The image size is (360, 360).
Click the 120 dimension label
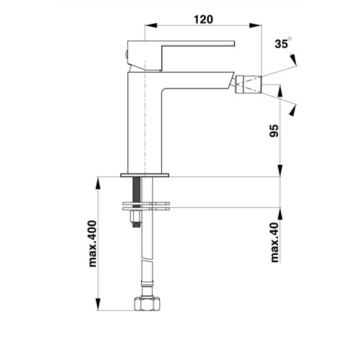click(203, 19)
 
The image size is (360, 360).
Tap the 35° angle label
click(283, 42)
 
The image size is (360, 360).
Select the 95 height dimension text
click(274, 130)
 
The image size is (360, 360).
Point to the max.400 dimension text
click(92, 243)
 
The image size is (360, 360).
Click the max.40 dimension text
click(275, 242)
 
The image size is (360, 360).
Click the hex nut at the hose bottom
click(147, 304)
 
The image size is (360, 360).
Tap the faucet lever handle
click(181, 55)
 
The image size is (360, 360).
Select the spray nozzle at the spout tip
click(249, 84)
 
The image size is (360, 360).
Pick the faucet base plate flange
click(145, 175)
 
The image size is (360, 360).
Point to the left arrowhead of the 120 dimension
click(151, 25)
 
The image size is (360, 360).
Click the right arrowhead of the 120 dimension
click(256, 25)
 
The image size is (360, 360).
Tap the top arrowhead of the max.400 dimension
click(98, 183)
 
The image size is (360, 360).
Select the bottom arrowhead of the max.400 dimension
click(98, 305)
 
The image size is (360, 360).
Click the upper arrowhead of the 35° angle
click(294, 59)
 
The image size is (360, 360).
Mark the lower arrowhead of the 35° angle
click(293, 110)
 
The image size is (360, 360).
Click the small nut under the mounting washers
click(135, 216)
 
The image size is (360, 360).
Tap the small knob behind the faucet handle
click(126, 55)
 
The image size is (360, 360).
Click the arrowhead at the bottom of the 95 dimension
click(281, 171)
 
